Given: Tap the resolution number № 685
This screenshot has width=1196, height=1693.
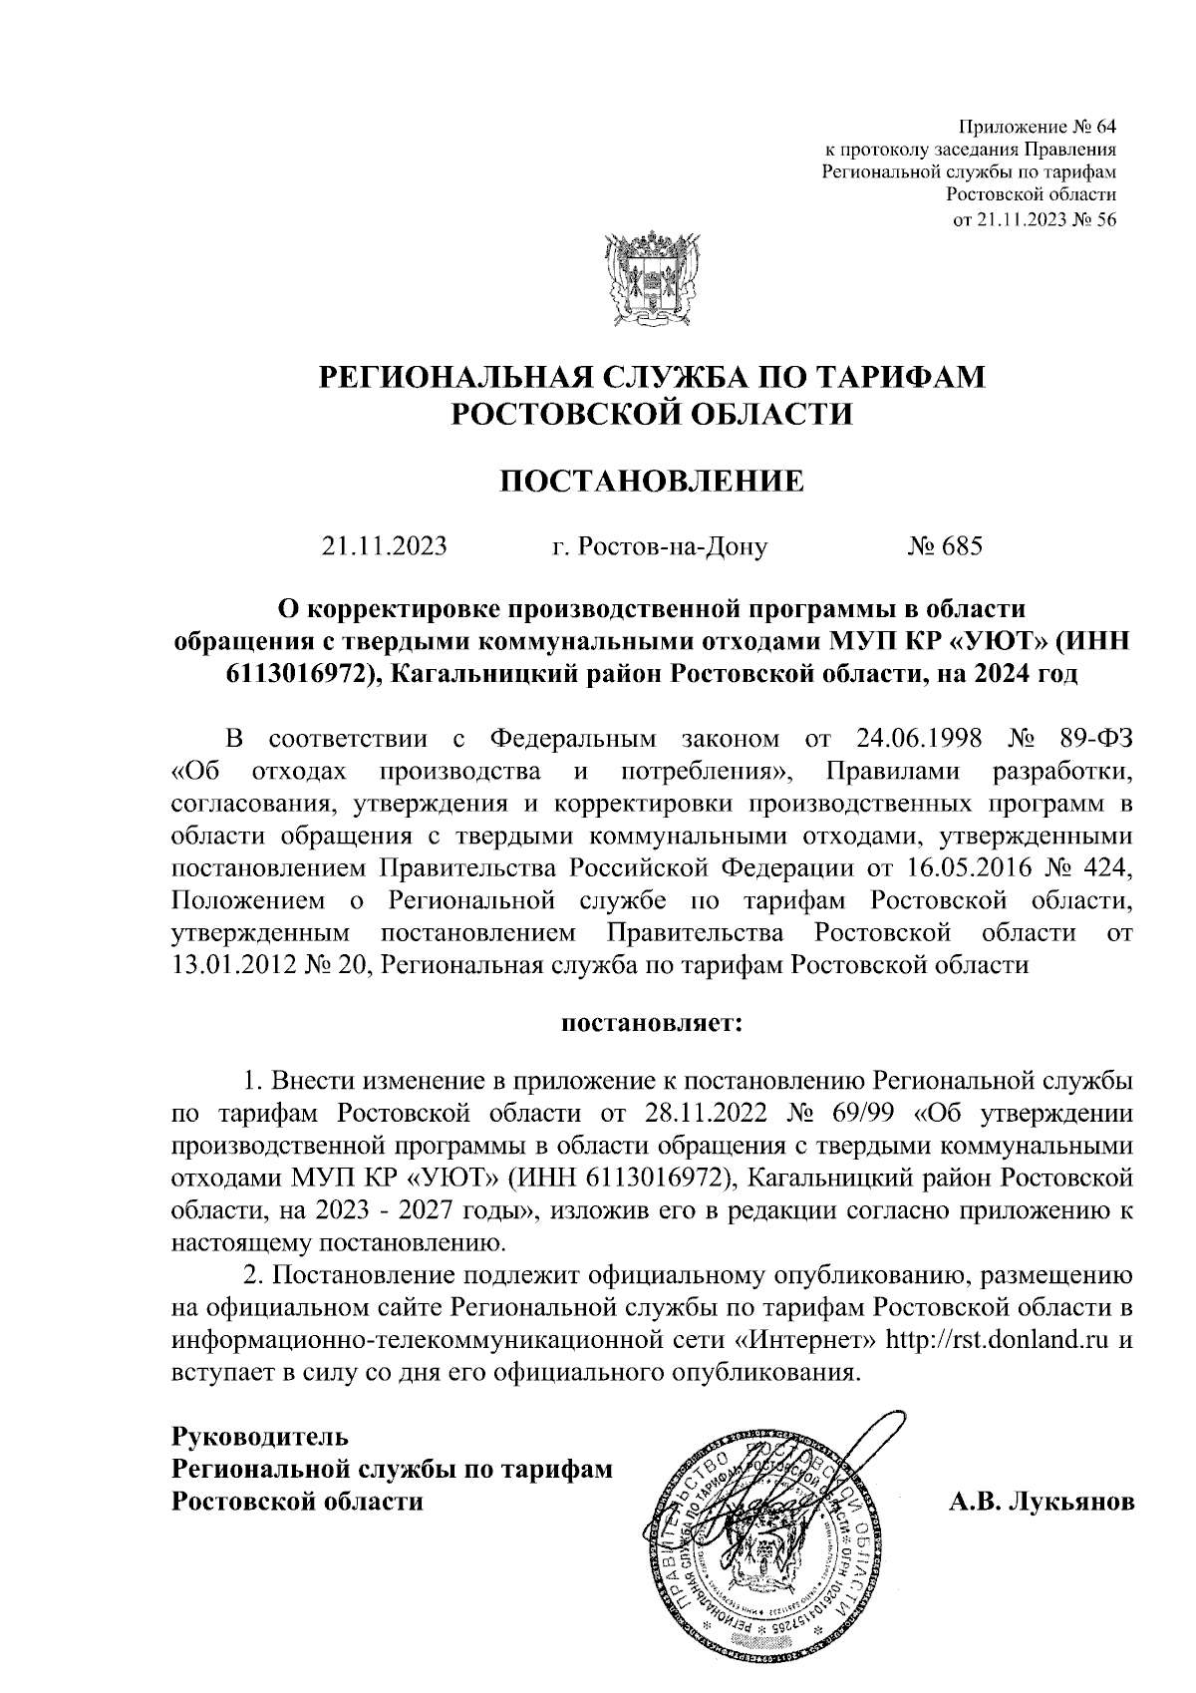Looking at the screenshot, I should click(x=945, y=546).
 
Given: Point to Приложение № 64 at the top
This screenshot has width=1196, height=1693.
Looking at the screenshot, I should click(x=1037, y=127).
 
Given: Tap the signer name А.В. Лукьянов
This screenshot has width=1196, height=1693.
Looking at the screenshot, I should click(x=1041, y=1501).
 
